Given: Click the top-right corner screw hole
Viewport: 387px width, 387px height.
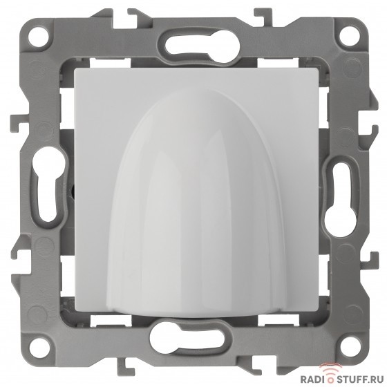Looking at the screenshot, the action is pos(349,37).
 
